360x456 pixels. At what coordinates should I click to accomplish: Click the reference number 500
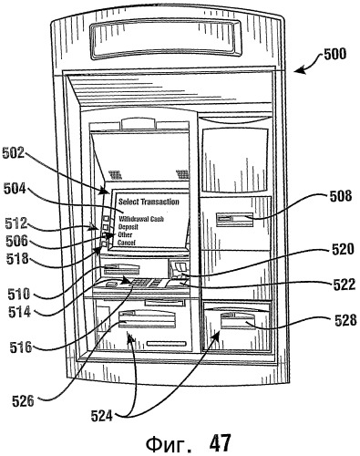pyautogui.click(x=334, y=55)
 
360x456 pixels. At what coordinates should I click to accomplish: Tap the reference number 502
pyautogui.click(x=13, y=152)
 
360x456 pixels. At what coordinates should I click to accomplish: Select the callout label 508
pyautogui.click(x=341, y=196)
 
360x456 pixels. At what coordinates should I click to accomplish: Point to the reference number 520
pyautogui.click(x=343, y=249)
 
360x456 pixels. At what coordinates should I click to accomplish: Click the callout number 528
pyautogui.click(x=345, y=320)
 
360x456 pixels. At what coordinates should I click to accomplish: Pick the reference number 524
pyautogui.click(x=102, y=416)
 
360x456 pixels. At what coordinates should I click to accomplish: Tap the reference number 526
pyautogui.click(x=23, y=401)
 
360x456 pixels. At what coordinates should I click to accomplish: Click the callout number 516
pyautogui.click(x=21, y=347)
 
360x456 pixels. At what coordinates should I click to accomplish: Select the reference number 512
pyautogui.click(x=16, y=223)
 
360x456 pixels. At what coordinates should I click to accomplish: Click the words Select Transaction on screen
pyautogui.click(x=149, y=202)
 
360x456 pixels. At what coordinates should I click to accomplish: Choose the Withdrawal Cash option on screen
pyautogui.click(x=141, y=219)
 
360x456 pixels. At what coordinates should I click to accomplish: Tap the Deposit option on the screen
pyautogui.click(x=129, y=227)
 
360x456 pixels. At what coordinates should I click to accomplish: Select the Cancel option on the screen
pyautogui.click(x=127, y=243)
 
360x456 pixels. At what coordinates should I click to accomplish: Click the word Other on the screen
pyautogui.click(x=125, y=234)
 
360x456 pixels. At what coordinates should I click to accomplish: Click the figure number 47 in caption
pyautogui.click(x=220, y=443)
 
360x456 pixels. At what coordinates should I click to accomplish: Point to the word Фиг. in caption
pyautogui.click(x=169, y=444)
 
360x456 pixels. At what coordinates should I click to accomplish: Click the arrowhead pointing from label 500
pyautogui.click(x=299, y=70)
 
